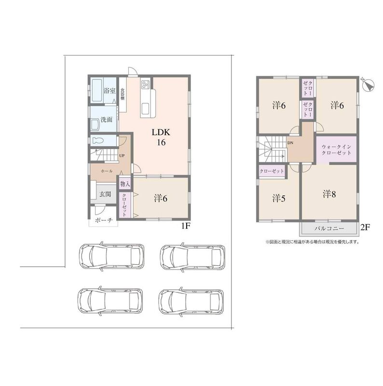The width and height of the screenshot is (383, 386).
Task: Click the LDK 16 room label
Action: pyautogui.click(x=161, y=137)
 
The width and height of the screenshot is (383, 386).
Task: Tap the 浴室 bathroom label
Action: pyautogui.click(x=109, y=91)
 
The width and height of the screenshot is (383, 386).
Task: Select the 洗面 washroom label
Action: pyautogui.click(x=107, y=120)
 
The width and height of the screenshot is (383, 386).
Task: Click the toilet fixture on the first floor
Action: pyautogui.click(x=98, y=141)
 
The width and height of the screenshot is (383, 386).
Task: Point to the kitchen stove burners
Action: pyautogui.click(x=145, y=84)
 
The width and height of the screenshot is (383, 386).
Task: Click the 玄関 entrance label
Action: pyautogui.click(x=105, y=194)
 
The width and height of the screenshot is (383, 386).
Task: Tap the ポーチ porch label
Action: pyautogui.click(x=104, y=220)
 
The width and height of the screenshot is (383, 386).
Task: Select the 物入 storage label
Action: pyautogui.click(x=125, y=184)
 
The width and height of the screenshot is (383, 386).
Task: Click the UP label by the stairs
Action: pyautogui.click(x=122, y=155)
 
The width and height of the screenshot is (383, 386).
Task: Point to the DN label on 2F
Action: pyautogui.click(x=290, y=142)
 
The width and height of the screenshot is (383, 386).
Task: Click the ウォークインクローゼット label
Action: pyautogui.click(x=337, y=150)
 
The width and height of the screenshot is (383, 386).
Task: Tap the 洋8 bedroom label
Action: pyautogui.click(x=329, y=194)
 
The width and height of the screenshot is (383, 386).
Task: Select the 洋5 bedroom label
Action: pyautogui.click(x=279, y=198)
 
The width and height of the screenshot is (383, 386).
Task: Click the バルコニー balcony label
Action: pyautogui.click(x=329, y=229)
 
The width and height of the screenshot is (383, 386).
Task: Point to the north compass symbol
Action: pyautogui.click(x=369, y=85)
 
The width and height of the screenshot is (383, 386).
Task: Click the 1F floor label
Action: pyautogui.click(x=186, y=226)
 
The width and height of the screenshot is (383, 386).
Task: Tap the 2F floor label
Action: pyautogui.click(x=365, y=227)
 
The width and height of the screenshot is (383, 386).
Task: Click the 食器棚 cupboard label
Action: pyautogui.click(x=123, y=94)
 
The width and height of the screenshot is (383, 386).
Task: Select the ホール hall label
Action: pyautogui.click(x=106, y=171)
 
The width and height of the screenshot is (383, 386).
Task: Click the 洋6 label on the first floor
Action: pyautogui.click(x=161, y=198)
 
